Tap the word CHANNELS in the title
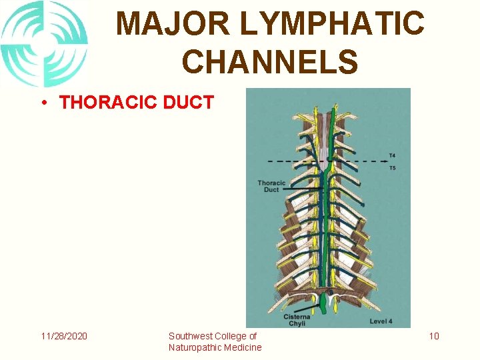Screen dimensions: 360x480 tap(270, 61)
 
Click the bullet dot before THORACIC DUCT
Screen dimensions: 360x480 tap(42, 103)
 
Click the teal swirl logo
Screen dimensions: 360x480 tap(44, 43)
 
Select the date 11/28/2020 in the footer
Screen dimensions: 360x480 tap(63, 336)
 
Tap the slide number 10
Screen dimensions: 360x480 tap(434, 336)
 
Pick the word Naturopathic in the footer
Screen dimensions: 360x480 tap(197, 347)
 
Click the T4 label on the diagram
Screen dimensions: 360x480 tap(392, 157)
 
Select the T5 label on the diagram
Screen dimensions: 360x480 tap(392, 167)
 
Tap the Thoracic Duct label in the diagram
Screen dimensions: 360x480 tap(271, 186)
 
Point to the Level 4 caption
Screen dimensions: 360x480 tap(381, 322)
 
